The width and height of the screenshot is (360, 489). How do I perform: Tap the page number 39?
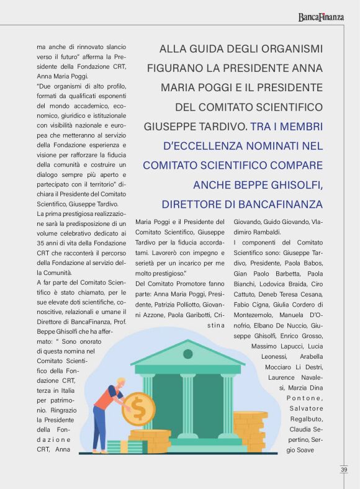pyautogui.click(x=344, y=470)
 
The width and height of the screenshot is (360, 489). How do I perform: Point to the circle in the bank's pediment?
pyautogui.click(x=187, y=354)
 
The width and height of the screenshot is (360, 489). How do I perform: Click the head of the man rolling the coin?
pyautogui.click(x=120, y=384)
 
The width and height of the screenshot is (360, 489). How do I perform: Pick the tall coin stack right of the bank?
pyautogui.click(x=251, y=431)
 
